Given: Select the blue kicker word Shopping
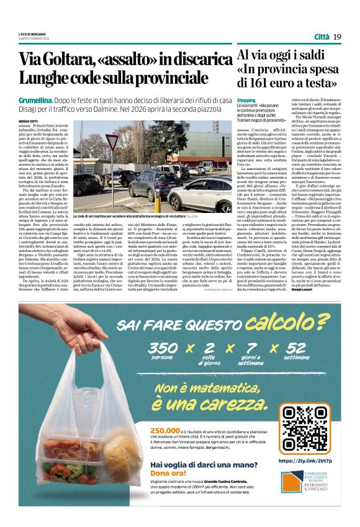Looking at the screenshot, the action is point(246,100).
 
